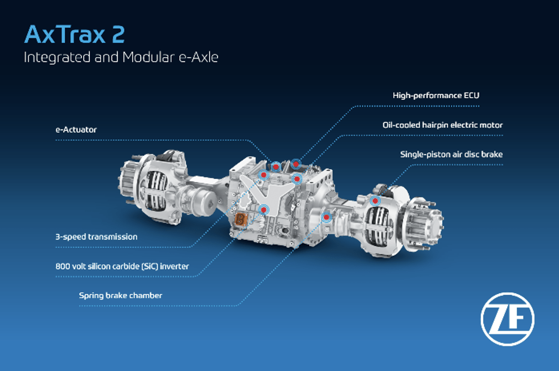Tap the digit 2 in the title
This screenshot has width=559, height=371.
[x=118, y=34]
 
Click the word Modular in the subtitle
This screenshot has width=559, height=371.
[x=148, y=57]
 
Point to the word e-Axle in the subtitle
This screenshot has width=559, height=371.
[x=198, y=57]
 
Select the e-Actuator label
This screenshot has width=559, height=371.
[x=76, y=130]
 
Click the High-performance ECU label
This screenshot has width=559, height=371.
[x=436, y=95]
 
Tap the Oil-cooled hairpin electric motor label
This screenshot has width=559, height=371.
[x=442, y=125]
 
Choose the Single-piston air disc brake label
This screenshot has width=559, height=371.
[x=452, y=154]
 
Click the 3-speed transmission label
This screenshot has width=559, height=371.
[x=97, y=236]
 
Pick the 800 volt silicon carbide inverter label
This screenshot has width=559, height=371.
[x=122, y=266]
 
